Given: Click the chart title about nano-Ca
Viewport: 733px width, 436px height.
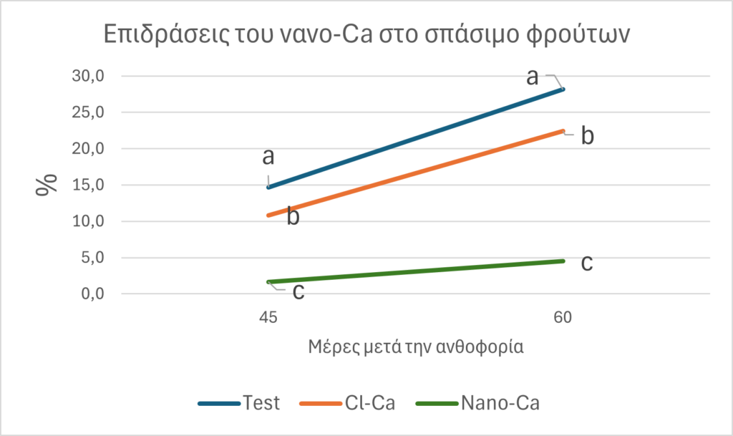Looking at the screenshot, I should (366, 35).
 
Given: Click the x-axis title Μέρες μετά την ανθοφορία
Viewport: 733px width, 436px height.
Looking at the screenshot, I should (415, 347).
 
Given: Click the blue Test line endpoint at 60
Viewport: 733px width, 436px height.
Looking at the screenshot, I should (563, 89).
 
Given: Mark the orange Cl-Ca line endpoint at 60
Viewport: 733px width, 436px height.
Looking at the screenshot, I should (563, 131).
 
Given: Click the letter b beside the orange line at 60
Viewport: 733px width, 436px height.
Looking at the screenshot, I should (587, 136).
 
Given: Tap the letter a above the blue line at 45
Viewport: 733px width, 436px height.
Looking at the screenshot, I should (268, 157).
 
